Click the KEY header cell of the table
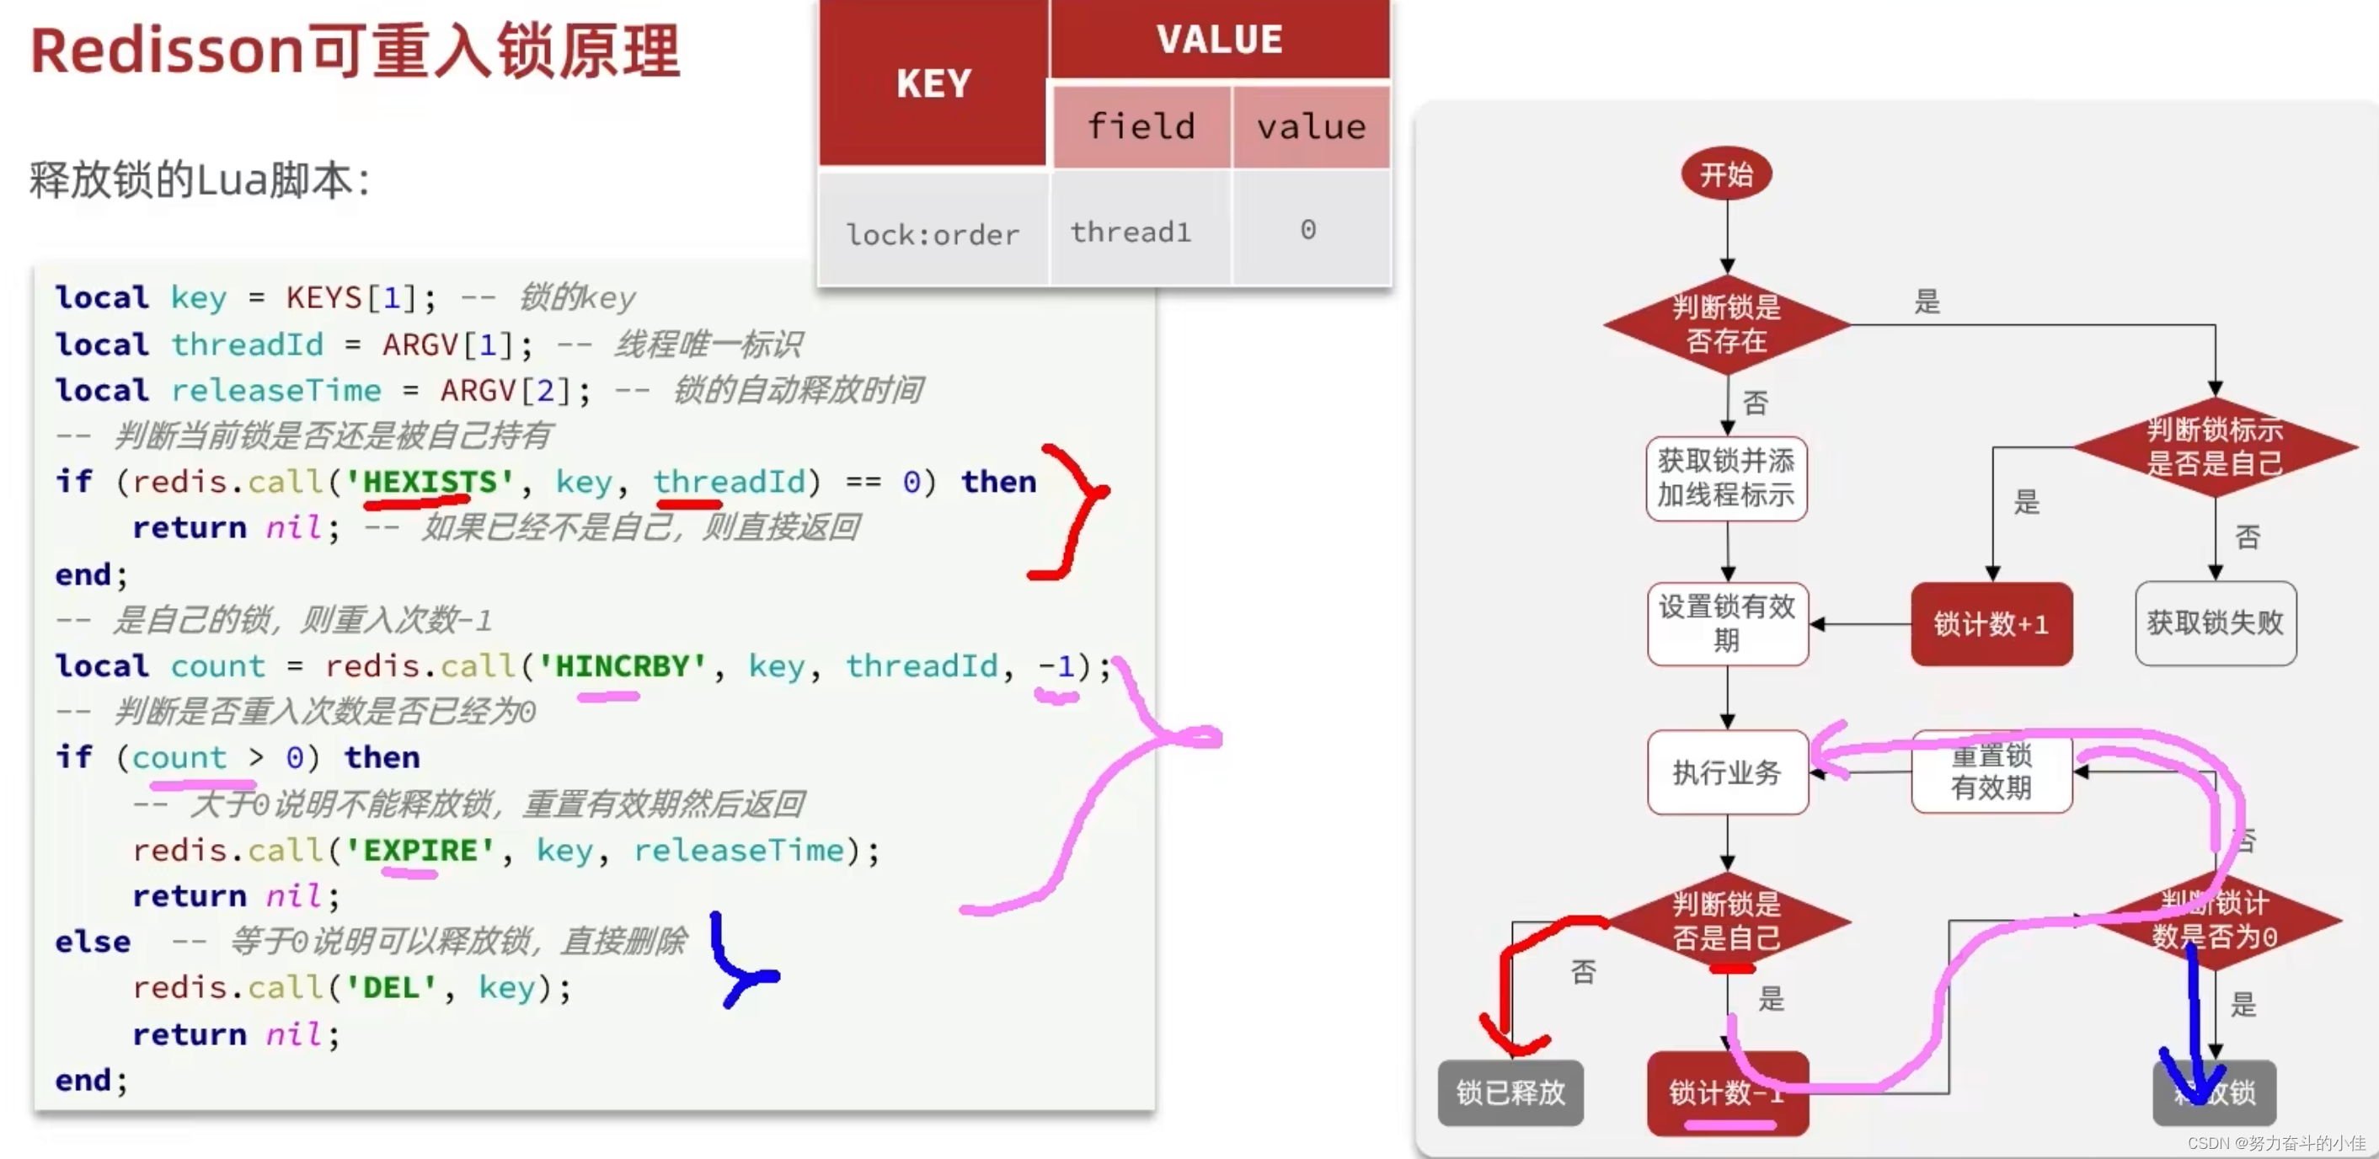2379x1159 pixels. point(933,83)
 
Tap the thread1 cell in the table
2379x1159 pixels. point(1131,232)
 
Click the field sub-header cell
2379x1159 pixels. point(1141,126)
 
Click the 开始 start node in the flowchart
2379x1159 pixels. point(1726,174)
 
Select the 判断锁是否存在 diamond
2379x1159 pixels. point(1726,324)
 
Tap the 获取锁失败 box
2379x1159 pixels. point(2215,622)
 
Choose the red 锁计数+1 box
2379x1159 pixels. point(1991,623)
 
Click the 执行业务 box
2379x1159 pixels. point(1726,772)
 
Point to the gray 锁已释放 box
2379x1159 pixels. point(1510,1092)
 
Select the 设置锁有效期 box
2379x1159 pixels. point(1726,623)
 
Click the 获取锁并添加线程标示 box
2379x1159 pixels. point(1726,478)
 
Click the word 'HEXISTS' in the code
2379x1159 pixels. point(430,481)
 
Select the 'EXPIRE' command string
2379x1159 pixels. point(420,850)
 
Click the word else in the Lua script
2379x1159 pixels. point(93,942)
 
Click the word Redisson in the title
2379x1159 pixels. point(167,51)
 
